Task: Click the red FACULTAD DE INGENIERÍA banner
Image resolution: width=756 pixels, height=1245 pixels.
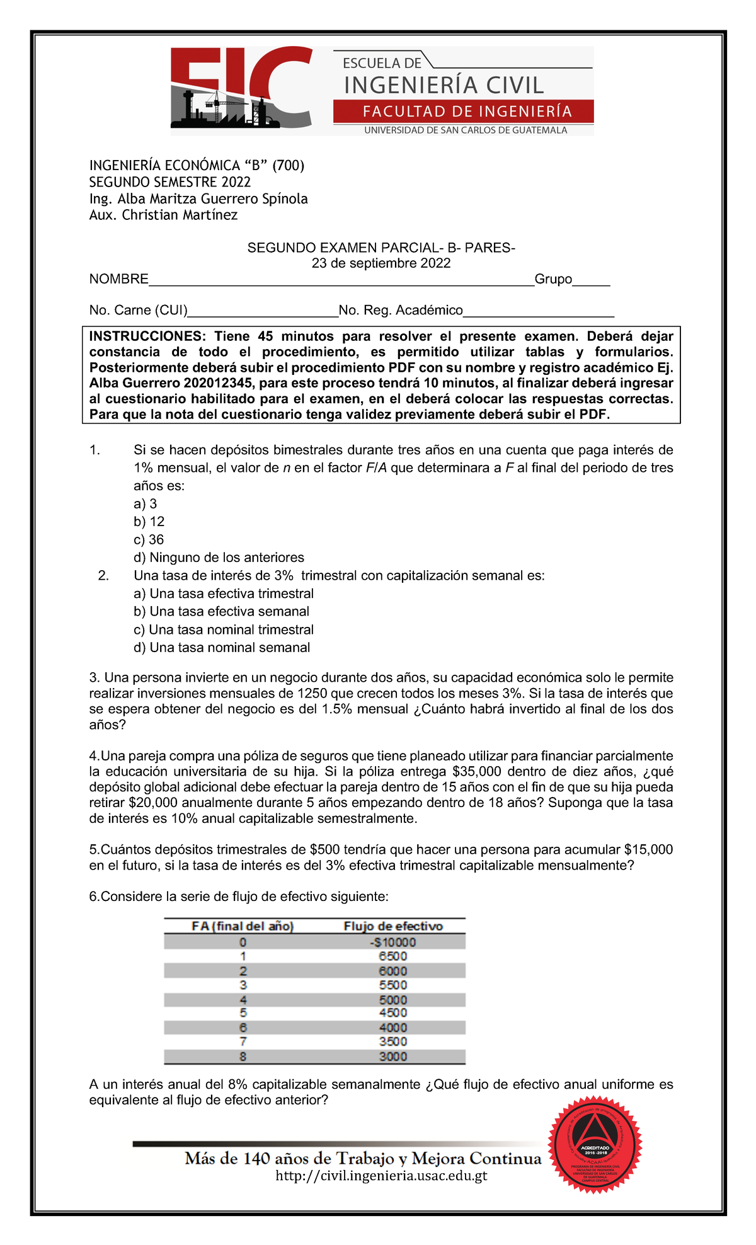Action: coord(463,112)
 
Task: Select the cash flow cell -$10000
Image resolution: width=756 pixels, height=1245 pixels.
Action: coord(392,942)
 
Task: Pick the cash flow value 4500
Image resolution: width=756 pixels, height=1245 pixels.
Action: coord(392,1013)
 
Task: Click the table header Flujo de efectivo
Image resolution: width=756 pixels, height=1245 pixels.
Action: coord(392,926)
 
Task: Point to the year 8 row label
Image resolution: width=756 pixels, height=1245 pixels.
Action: coord(243,1057)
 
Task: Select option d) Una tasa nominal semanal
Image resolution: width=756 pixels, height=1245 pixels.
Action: coord(222,648)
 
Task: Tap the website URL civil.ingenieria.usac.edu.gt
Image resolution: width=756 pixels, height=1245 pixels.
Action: coord(381,1176)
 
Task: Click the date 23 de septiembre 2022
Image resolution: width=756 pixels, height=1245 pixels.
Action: coord(381,263)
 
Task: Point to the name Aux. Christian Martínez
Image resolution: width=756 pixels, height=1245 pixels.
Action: coord(163,215)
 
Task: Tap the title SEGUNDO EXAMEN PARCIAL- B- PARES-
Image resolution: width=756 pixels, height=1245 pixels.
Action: coord(381,248)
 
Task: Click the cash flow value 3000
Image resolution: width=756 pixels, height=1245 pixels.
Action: coord(392,1057)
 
